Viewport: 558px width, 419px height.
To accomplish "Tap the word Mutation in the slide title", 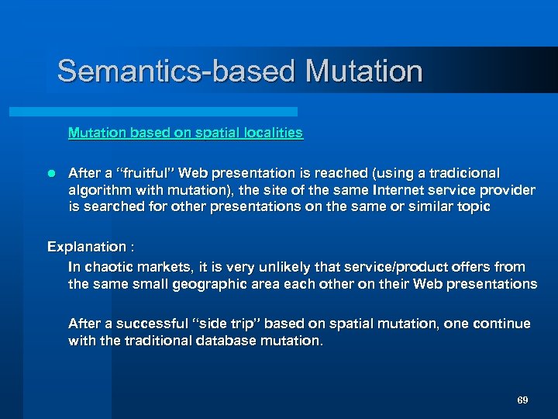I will click(x=363, y=71).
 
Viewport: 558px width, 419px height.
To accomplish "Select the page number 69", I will click(x=522, y=400).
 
